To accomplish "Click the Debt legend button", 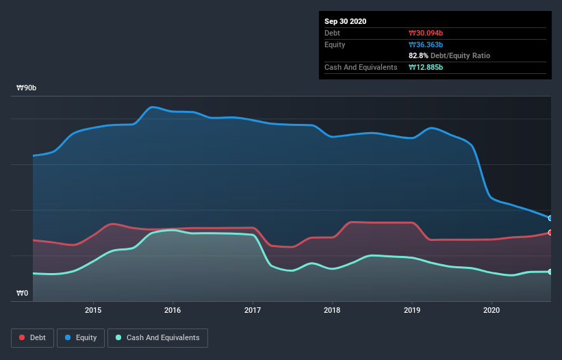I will coord(31,337).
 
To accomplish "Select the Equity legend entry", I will coord(81,337).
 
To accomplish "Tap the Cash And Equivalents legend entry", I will coord(157,337).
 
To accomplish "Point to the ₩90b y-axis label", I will coord(27,88).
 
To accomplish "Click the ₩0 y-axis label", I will coord(23,294).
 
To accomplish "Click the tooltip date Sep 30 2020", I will coord(345,21).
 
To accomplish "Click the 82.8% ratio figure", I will coord(420,55).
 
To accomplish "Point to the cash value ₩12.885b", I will coord(429,67).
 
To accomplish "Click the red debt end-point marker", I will coord(550,233).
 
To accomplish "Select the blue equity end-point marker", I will coord(550,218).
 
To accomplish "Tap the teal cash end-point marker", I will coord(550,272).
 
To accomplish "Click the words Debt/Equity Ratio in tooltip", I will coord(462,55).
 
